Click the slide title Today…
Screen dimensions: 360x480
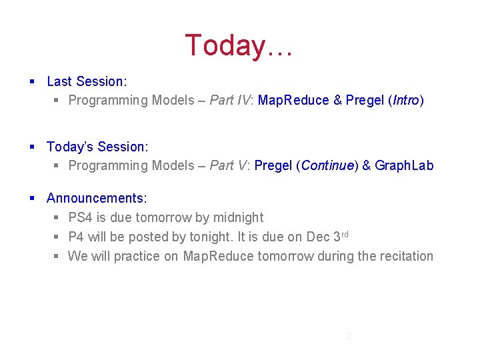tap(239, 45)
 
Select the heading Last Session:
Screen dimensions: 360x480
tap(87, 81)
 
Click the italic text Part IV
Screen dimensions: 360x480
tap(230, 101)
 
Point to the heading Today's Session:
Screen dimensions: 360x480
tap(97, 147)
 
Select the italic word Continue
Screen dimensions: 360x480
tap(326, 166)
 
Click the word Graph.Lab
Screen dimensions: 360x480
tap(404, 166)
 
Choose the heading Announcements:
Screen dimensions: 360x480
tap(97, 199)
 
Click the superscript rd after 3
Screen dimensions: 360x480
tap(345, 234)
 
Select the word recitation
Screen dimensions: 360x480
tap(405, 257)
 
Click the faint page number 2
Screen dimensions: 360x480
tap(348, 336)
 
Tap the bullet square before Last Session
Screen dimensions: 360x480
tap(33, 82)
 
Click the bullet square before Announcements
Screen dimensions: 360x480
tap(33, 199)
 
